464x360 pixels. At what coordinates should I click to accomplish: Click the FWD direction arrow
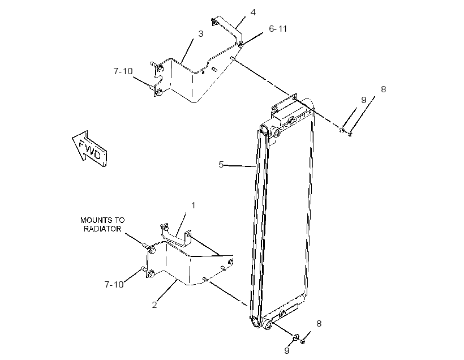pos(89,149)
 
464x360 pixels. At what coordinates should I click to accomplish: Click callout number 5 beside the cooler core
pos(221,165)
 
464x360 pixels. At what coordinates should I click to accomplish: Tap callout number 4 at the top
pos(253,12)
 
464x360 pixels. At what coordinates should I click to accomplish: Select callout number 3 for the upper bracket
pos(201,34)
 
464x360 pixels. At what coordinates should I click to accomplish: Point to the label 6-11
pos(278,29)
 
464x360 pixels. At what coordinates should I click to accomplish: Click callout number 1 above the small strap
pos(193,205)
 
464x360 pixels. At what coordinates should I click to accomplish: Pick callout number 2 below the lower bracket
pos(154,305)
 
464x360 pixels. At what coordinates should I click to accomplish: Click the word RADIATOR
pos(102,229)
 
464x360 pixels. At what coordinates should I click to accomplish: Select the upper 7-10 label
pos(123,71)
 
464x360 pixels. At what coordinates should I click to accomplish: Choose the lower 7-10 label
pos(114,285)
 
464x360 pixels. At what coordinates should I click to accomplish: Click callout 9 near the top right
pos(364,100)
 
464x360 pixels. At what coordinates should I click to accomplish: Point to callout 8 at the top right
pos(384,89)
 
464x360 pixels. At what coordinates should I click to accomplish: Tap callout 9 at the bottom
pos(286,350)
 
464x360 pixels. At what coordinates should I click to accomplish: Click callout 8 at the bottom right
pos(319,324)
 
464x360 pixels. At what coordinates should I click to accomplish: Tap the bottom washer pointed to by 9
pos(295,337)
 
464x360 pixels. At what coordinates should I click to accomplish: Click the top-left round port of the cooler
pos(264,130)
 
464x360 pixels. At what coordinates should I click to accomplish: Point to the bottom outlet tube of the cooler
pos(267,324)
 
